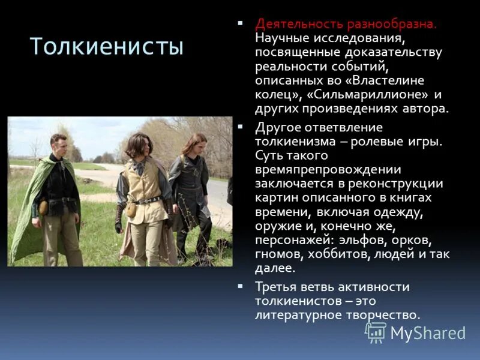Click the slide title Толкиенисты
coord(106,46)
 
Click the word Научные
coord(281,38)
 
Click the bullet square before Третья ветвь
coord(241,285)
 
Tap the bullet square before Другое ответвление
coord(241,127)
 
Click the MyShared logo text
coord(428,333)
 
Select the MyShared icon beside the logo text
coord(376,332)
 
